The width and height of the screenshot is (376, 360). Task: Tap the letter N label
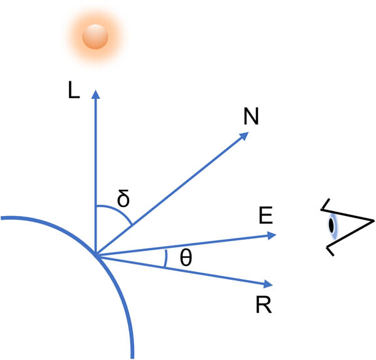251,116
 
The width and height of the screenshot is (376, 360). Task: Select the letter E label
265,217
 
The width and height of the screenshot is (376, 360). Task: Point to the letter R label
263,306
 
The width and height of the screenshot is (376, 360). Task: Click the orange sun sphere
95,36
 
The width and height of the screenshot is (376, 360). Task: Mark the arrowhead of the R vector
269,285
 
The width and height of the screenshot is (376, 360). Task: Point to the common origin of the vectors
95,254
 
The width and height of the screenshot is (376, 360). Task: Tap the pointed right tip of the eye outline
373,220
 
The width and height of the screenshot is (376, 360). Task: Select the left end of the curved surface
3,219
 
